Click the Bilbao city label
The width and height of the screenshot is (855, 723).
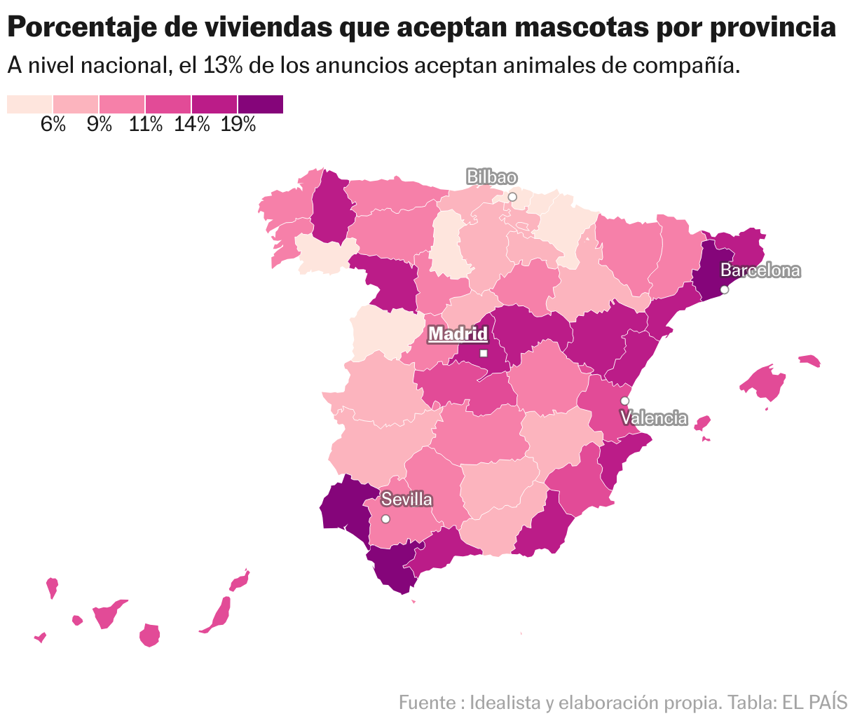491,177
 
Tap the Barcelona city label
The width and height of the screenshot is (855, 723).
760,270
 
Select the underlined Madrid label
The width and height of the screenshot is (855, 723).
458,334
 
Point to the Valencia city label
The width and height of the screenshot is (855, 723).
654,418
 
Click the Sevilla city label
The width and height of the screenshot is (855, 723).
406,500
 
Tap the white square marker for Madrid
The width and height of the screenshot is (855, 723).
484,353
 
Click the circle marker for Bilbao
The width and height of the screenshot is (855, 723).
512,198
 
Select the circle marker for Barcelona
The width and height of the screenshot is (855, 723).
725,289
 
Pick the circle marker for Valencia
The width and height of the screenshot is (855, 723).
624,401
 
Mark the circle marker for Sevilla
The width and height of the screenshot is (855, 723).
385,519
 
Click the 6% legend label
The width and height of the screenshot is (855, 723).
53,125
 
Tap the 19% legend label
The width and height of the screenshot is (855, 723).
238,125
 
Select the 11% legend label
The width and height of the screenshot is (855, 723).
146,125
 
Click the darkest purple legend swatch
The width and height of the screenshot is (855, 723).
261,104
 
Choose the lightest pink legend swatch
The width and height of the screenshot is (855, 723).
29,104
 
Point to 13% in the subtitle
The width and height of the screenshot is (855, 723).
223,66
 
